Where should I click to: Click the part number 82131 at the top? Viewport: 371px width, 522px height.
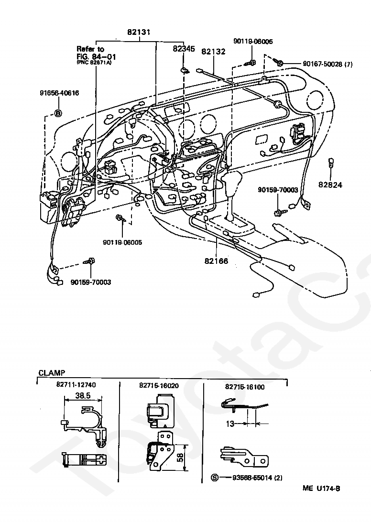[139, 33]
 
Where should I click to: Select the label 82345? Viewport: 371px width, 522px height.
[184, 49]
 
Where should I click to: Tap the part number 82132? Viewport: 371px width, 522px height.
[213, 52]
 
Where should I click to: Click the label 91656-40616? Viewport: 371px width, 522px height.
[59, 93]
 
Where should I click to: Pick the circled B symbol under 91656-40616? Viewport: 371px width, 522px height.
[58, 113]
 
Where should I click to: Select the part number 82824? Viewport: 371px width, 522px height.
[331, 184]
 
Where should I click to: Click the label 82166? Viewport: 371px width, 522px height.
[216, 261]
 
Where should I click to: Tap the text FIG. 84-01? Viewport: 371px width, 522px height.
[96, 56]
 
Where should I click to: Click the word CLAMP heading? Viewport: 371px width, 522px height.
[52, 372]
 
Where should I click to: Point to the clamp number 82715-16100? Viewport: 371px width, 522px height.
[244, 387]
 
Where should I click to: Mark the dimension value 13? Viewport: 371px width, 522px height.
[230, 423]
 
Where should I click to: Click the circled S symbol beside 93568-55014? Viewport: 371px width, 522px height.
[214, 478]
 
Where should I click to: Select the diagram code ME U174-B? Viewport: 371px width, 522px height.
[321, 488]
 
